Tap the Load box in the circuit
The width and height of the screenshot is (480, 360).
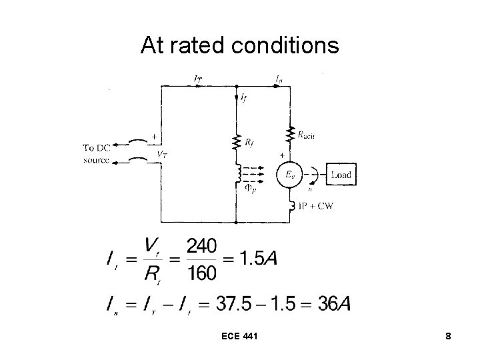point(340,175)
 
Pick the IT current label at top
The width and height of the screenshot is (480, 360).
point(198,79)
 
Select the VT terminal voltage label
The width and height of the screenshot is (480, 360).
point(161,153)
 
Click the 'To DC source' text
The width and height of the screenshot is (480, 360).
point(98,153)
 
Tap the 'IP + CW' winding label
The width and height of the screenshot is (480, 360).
point(317,205)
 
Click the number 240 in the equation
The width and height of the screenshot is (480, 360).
point(201,247)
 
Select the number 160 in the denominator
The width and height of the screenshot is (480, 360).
point(201,273)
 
